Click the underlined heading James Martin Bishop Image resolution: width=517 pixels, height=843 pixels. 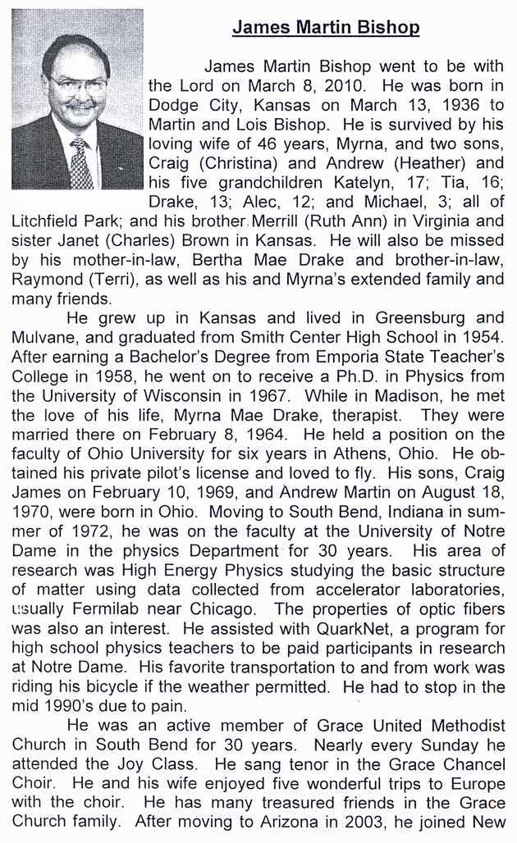pyautogui.click(x=326, y=29)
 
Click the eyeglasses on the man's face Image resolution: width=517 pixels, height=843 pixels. pyautogui.click(x=77, y=84)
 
